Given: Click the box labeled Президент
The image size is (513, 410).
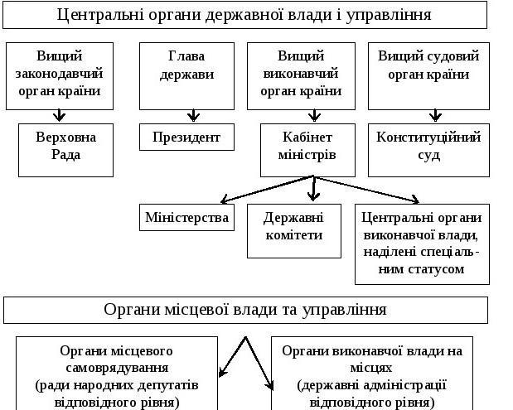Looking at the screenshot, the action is click(x=186, y=137).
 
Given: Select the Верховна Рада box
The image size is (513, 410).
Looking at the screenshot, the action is click(x=65, y=150).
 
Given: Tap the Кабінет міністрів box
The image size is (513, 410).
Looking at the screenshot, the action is click(x=307, y=150).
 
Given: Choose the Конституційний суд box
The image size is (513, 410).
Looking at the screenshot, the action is click(x=428, y=150).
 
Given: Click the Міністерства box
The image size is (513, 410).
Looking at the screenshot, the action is click(x=186, y=217).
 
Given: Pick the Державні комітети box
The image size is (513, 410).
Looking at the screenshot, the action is click(x=294, y=231).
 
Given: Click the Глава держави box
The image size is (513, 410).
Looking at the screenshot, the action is click(x=186, y=76).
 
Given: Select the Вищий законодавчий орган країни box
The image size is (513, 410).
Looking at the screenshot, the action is click(x=60, y=76).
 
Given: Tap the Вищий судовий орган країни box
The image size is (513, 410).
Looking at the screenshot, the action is click(x=428, y=76).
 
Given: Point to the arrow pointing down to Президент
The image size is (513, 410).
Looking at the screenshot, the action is click(x=193, y=115).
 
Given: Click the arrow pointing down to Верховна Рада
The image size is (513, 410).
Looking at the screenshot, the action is click(x=59, y=115).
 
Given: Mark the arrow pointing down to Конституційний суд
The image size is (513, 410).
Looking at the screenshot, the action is click(x=435, y=115).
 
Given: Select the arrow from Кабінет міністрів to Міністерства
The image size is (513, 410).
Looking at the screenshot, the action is click(x=268, y=190).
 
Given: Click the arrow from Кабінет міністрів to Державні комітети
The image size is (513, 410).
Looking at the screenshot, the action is click(x=314, y=189).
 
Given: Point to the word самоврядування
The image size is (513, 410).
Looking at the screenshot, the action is click(x=117, y=368).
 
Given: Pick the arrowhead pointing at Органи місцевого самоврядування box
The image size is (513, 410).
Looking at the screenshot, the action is click(x=222, y=373).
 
